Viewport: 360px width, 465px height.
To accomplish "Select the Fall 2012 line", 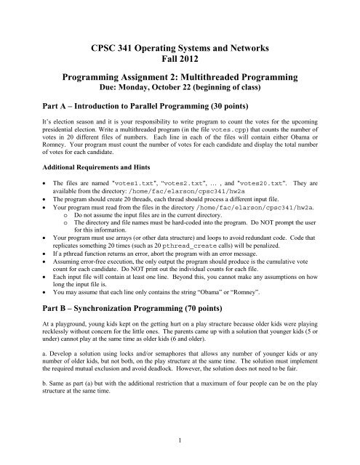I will click(180, 62).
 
